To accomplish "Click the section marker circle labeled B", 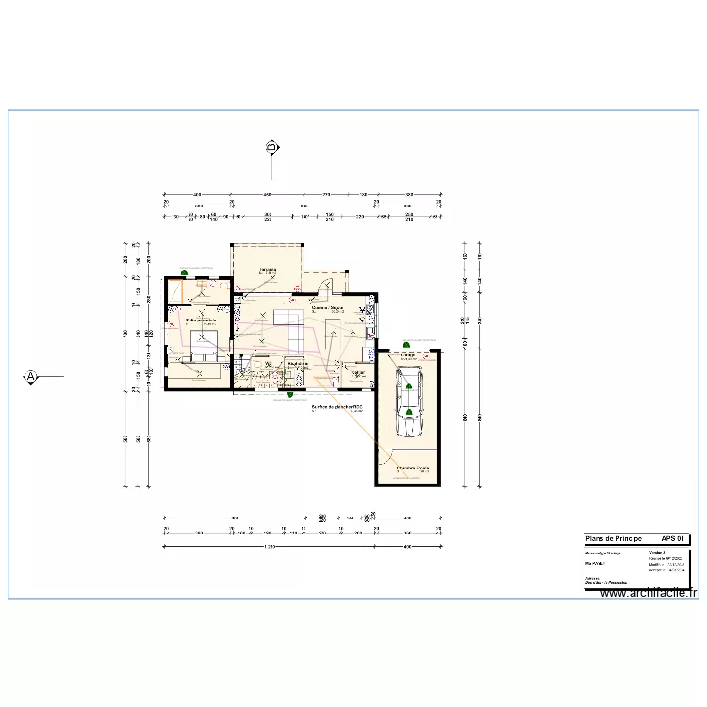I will click(x=271, y=148).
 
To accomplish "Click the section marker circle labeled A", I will click(x=30, y=376).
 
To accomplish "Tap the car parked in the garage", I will click(x=409, y=403).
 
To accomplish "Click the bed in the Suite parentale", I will click(x=205, y=344).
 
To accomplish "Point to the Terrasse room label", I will click(x=268, y=269).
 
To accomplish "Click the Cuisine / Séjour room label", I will click(x=327, y=307).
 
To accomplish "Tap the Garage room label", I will click(x=408, y=355).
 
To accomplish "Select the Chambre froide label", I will click(x=412, y=467).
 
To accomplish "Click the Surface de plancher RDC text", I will click(x=337, y=407).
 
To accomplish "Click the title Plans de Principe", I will click(x=614, y=536).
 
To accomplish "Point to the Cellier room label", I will click(x=358, y=373).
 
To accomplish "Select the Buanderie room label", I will click(x=299, y=363).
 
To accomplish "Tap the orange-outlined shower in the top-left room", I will click(x=176, y=291).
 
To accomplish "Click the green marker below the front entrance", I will click(x=289, y=394).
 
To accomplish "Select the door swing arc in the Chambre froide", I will click(x=386, y=458).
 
